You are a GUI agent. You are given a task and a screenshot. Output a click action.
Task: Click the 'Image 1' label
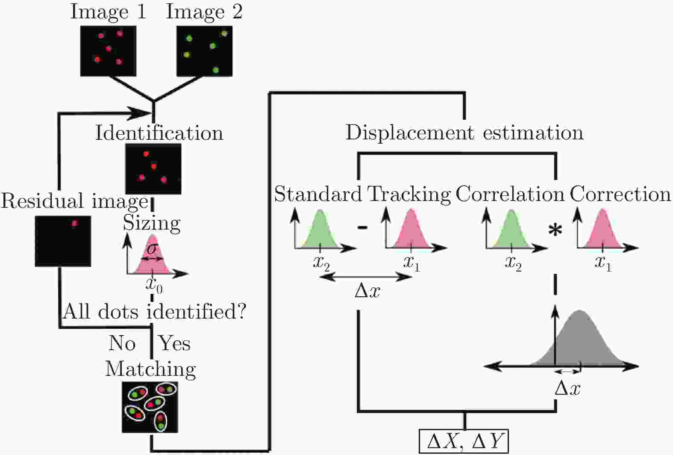point(108,12)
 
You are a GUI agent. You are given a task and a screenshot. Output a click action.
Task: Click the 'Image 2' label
point(204,12)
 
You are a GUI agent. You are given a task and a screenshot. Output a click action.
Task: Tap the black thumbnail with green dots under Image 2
point(205,51)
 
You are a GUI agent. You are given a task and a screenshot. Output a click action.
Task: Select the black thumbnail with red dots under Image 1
point(109,51)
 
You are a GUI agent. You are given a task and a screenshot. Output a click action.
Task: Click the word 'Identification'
point(159,133)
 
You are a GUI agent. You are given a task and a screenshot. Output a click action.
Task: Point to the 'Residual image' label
point(74,201)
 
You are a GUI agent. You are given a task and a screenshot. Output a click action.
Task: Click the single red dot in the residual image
point(75,223)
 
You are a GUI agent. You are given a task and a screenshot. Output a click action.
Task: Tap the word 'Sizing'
point(152,223)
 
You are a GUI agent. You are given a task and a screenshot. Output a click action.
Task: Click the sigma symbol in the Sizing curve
point(150,249)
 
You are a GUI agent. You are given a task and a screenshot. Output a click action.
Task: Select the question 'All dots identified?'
point(154,312)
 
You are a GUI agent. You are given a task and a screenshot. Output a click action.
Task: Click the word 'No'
point(122,343)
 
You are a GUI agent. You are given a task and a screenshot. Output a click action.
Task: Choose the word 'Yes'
point(174,343)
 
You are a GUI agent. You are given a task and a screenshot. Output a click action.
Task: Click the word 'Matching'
point(150,369)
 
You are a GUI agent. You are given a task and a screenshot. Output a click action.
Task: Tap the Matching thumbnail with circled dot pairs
point(150,407)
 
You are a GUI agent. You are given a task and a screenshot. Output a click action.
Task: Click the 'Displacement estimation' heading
point(464,133)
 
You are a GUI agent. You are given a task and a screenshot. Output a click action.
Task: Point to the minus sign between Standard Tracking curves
point(362,227)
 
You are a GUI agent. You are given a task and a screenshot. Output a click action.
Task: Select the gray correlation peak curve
point(580,342)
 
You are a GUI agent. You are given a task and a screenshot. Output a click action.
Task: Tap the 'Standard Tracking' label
point(362,194)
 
